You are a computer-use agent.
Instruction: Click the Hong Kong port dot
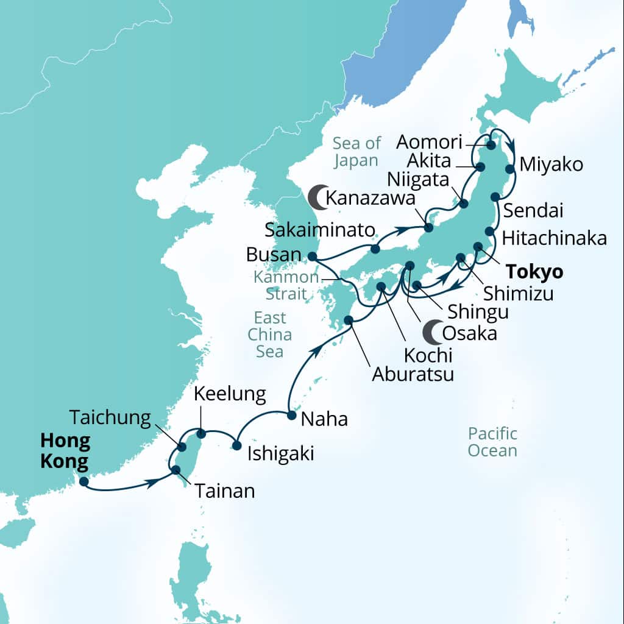tap(83, 482)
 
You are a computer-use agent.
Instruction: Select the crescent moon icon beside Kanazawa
tap(316, 197)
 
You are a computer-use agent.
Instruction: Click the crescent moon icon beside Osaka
tap(431, 333)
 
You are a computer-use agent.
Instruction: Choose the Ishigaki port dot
tap(237, 445)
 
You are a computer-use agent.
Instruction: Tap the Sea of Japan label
tap(356, 152)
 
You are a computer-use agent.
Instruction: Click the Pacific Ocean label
tap(492, 442)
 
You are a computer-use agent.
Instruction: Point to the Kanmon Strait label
tap(286, 285)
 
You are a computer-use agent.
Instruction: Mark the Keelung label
tap(230, 394)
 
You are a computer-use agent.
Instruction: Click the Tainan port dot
tap(175, 470)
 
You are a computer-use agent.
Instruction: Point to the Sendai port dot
tap(495, 196)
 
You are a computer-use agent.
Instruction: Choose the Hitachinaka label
tap(554, 238)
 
